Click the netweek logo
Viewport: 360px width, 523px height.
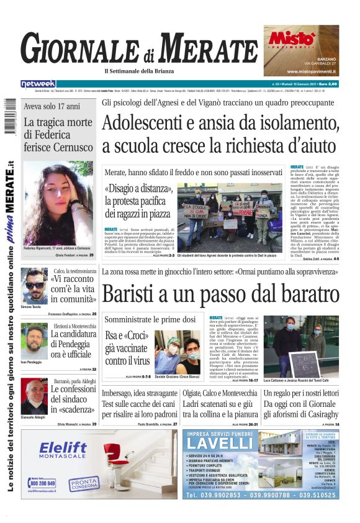(38, 84)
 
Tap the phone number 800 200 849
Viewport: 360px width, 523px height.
(42, 483)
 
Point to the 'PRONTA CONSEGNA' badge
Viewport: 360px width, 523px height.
(84, 484)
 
